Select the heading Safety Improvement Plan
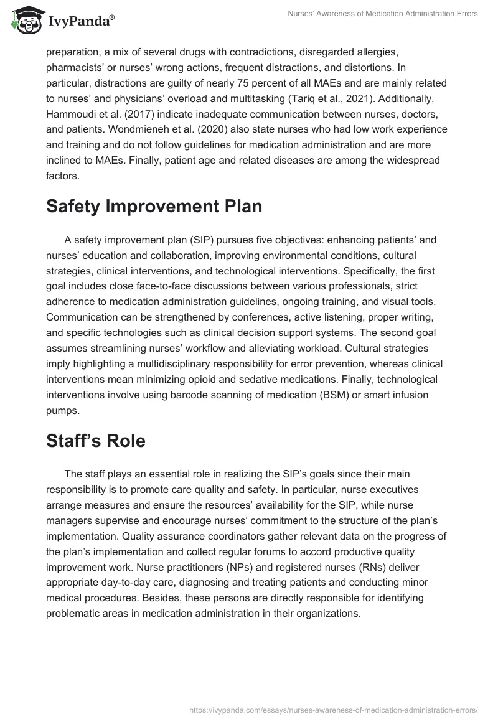[154, 207]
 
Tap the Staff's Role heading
[95, 441]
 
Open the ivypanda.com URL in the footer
[329, 708]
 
